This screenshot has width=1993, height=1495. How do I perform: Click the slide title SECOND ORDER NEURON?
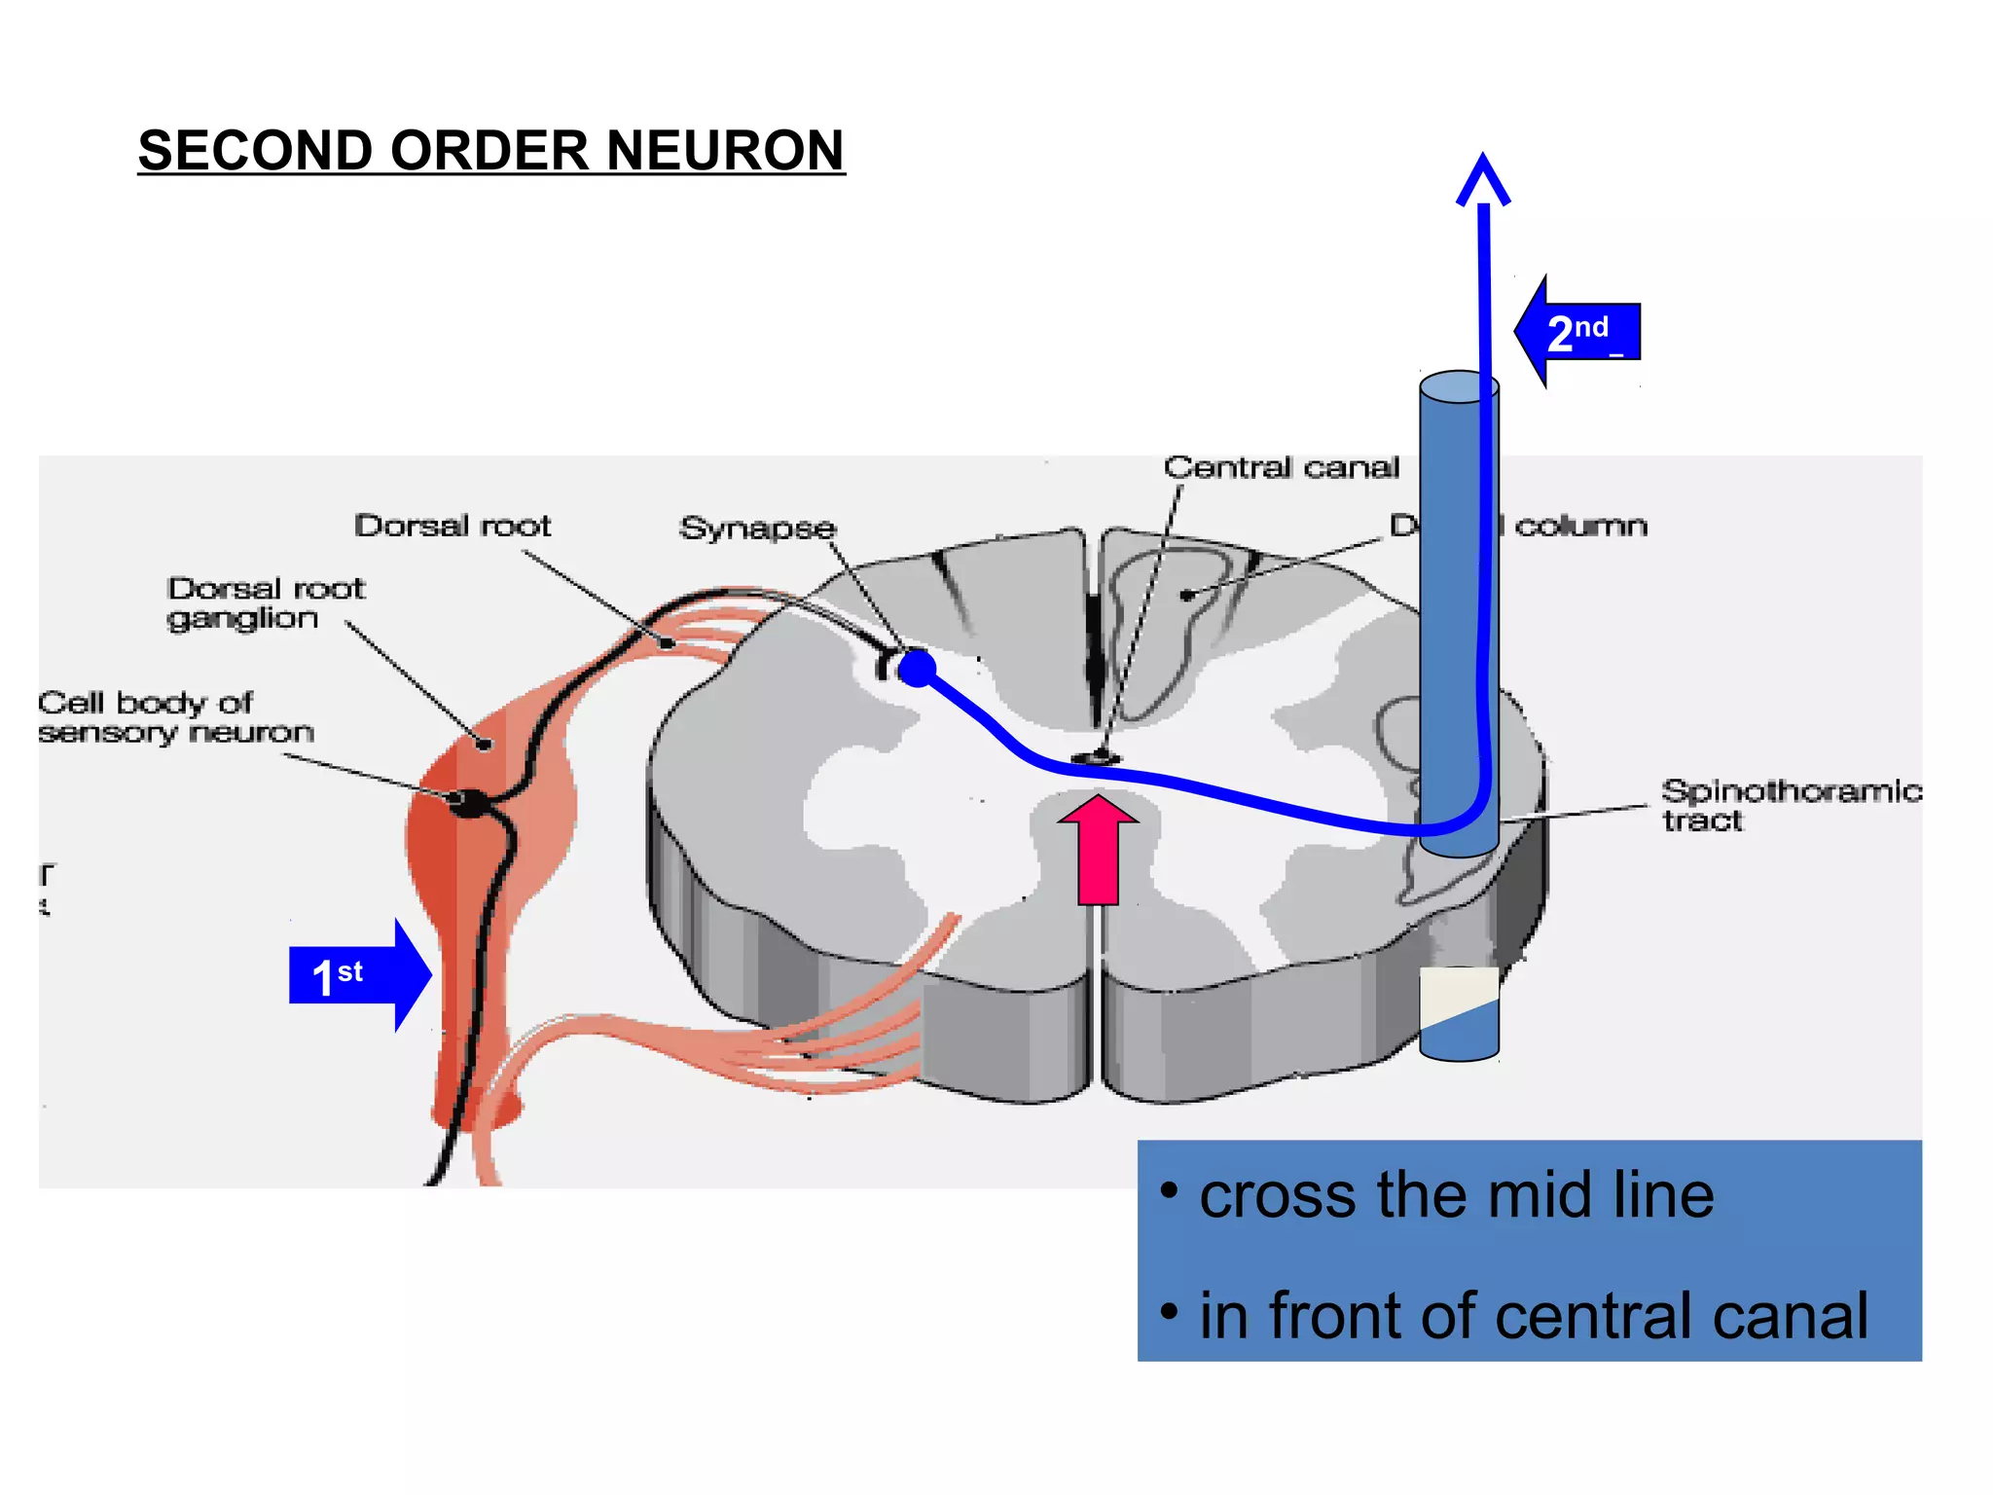click(x=491, y=151)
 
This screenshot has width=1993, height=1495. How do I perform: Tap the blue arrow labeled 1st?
click(x=359, y=975)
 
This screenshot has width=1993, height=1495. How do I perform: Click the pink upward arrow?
click(x=1098, y=849)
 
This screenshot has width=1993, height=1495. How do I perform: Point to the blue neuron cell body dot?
click(x=917, y=669)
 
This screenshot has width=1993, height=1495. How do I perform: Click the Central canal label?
click(x=1281, y=468)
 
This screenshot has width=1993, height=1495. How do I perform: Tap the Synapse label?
click(x=757, y=529)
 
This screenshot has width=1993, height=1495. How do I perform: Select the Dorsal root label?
click(x=453, y=527)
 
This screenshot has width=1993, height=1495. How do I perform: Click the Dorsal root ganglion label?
click(x=265, y=603)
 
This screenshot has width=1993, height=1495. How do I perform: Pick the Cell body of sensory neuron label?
click(x=175, y=717)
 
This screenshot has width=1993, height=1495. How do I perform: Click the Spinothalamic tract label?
click(x=1789, y=805)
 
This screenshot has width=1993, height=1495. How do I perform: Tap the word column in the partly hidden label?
click(x=1580, y=527)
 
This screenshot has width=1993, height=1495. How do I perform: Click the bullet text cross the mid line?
click(x=1456, y=1195)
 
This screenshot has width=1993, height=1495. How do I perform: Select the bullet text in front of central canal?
click(x=1533, y=1316)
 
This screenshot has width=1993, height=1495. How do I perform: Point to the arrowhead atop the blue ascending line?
click(x=1483, y=179)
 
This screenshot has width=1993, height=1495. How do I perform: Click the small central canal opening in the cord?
click(x=1096, y=758)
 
